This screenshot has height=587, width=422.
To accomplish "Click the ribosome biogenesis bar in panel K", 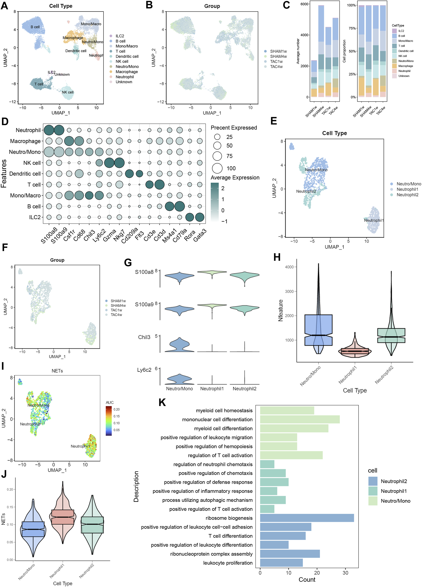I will pyautogui.click(x=307, y=518).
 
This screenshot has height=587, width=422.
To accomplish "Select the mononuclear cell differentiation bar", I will pyautogui.click(x=300, y=419).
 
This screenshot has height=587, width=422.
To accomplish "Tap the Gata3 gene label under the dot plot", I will pyautogui.click(x=200, y=235).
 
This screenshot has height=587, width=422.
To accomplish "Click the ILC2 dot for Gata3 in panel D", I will pyautogui.click(x=200, y=217).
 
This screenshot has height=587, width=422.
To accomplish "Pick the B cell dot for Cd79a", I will pyautogui.click(x=179, y=206).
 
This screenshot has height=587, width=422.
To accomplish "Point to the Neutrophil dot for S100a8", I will pyautogui.click(x=49, y=130).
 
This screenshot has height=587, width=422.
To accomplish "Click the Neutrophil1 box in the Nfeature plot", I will pyautogui.click(x=355, y=351).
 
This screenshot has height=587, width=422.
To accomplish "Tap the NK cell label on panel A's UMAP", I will pyautogui.click(x=68, y=92).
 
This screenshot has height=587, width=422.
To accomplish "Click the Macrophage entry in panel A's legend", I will pyautogui.click(x=127, y=72).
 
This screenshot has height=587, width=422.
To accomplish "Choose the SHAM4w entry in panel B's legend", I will pyautogui.click(x=278, y=57).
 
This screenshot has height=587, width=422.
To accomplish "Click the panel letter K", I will pyautogui.click(x=162, y=403).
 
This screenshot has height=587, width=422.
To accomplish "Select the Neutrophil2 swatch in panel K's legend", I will pyautogui.click(x=373, y=481).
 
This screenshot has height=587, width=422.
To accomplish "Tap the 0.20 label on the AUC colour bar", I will pyautogui.click(x=117, y=409).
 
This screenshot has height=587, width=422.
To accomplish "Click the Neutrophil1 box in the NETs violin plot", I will pyautogui.click(x=62, y=517).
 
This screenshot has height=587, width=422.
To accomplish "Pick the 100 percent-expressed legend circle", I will pyautogui.click(x=217, y=168).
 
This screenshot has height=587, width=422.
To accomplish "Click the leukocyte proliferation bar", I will pyautogui.click(x=281, y=563).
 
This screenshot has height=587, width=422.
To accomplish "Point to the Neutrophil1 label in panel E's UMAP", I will pyautogui.click(x=374, y=220).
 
